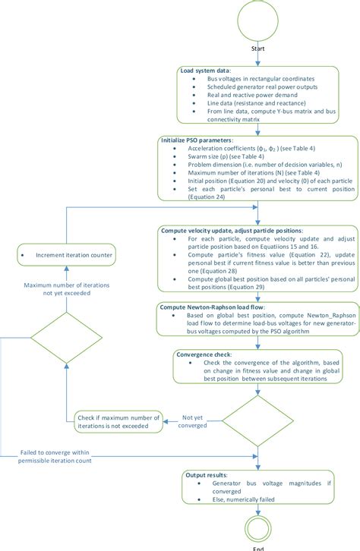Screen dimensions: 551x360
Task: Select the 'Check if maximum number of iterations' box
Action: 117,422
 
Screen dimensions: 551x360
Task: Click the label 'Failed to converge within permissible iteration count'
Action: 62,456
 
